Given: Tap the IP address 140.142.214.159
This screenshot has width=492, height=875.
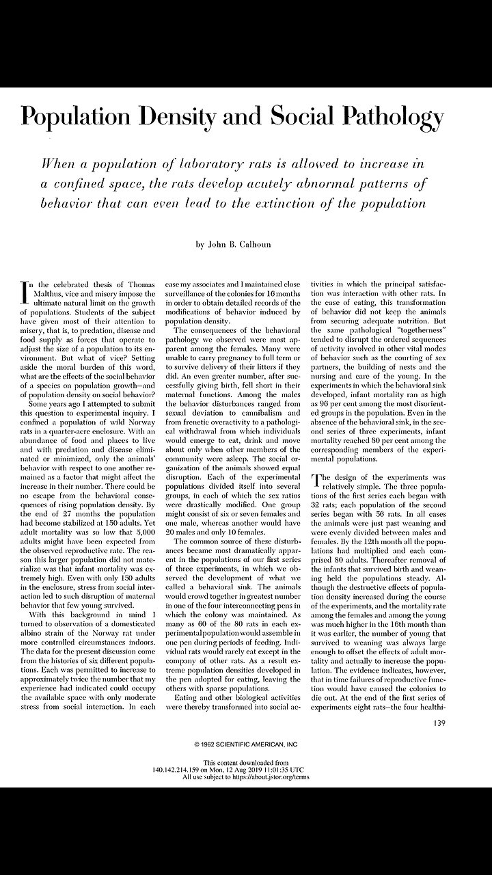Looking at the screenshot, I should [x=178, y=768].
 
